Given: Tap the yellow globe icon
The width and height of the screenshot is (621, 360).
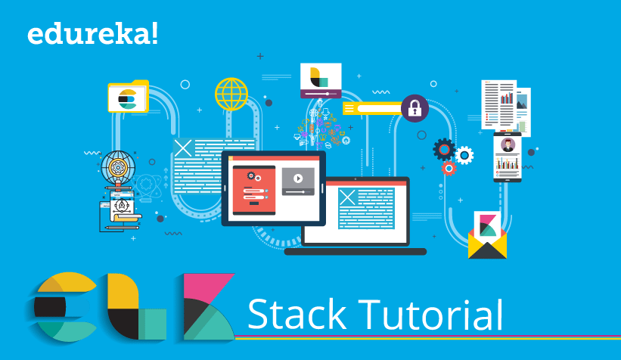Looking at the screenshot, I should [231, 95].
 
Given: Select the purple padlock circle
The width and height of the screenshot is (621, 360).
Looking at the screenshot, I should [414, 109].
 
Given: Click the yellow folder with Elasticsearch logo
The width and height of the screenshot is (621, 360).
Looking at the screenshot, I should [128, 97].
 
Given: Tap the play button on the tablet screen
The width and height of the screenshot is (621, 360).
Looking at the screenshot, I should [298, 178].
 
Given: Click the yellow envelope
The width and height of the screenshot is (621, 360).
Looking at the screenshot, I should [487, 244].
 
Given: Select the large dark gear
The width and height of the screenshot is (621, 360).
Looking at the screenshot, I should [445, 149].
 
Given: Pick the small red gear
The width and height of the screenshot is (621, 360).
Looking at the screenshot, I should [449, 168].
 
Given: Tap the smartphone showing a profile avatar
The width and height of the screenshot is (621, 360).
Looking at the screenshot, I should [508, 157].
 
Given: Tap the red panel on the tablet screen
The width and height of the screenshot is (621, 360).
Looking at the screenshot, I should [253, 187].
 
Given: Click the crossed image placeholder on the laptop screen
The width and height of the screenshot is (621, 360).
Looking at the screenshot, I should [347, 197].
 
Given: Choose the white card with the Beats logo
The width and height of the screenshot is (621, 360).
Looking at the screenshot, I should [321, 80].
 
